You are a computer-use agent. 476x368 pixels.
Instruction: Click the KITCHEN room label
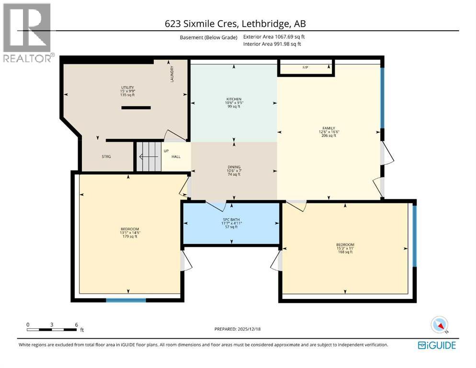pyautogui.click(x=234, y=99)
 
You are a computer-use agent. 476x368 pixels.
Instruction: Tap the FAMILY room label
pyautogui.click(x=329, y=128)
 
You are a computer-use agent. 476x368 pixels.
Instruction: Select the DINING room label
pyautogui.click(x=234, y=167)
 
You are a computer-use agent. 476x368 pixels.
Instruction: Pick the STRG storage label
pyautogui.click(x=106, y=157)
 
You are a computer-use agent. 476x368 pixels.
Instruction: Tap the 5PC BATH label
pyautogui.click(x=231, y=219)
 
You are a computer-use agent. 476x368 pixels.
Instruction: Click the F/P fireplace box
pyautogui.click(x=306, y=68)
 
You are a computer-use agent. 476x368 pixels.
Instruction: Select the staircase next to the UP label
pyautogui.click(x=149, y=157)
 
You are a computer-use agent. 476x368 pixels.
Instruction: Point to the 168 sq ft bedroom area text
pyautogui.click(x=345, y=252)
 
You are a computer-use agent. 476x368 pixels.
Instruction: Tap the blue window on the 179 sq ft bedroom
pyautogui.click(x=125, y=300)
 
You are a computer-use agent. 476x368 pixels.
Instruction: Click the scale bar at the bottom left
pyautogui.click(x=52, y=329)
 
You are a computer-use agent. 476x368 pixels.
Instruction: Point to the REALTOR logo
pyautogui.click(x=27, y=33)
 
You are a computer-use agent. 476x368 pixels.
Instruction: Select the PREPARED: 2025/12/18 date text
pyautogui.click(x=238, y=329)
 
